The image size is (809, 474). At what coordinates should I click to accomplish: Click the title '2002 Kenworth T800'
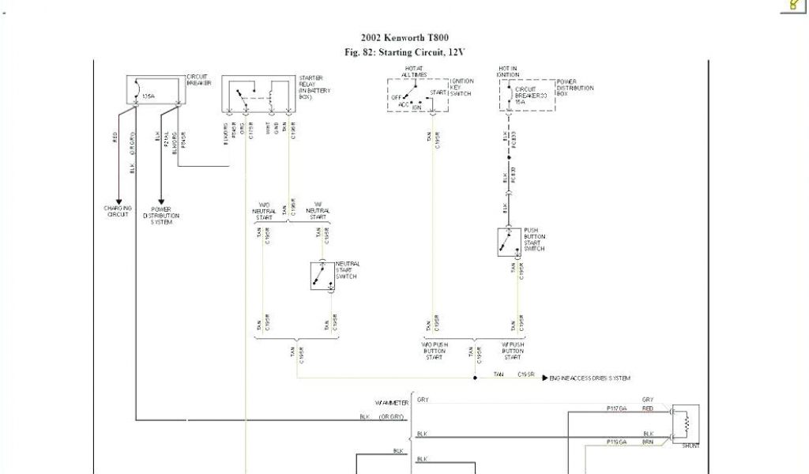[404, 38]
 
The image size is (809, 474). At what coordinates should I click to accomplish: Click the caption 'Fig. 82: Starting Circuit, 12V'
[404, 52]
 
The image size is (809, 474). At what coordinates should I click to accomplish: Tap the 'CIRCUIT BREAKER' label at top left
[198, 81]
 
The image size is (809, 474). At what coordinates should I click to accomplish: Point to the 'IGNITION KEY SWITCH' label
[461, 88]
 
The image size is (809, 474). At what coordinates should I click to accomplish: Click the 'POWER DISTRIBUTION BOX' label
[575, 88]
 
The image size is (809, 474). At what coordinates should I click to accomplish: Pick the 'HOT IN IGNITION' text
[508, 71]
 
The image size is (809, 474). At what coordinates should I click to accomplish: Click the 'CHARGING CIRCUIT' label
[118, 212]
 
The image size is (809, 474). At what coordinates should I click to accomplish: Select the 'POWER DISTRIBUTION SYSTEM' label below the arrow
[161, 216]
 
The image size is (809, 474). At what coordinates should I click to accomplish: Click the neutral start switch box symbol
[322, 276]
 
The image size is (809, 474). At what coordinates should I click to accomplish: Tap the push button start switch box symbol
[509, 242]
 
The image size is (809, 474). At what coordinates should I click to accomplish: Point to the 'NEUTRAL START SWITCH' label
[348, 270]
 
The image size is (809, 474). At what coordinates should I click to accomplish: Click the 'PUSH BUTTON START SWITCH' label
[535, 239]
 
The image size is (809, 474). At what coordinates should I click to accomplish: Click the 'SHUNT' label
[690, 446]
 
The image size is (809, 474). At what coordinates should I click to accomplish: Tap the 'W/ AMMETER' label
[393, 403]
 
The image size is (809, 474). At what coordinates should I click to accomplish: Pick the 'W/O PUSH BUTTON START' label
[434, 351]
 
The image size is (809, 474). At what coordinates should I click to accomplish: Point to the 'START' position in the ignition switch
[438, 93]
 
